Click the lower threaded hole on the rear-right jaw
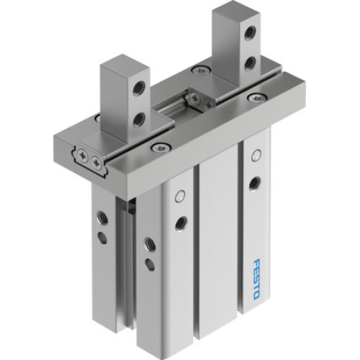point(249,63)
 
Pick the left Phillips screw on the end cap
point(87,153)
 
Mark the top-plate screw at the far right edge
point(253,96)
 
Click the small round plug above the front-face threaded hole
point(179,193)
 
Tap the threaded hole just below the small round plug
point(181,222)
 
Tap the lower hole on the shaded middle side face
point(149,264)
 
